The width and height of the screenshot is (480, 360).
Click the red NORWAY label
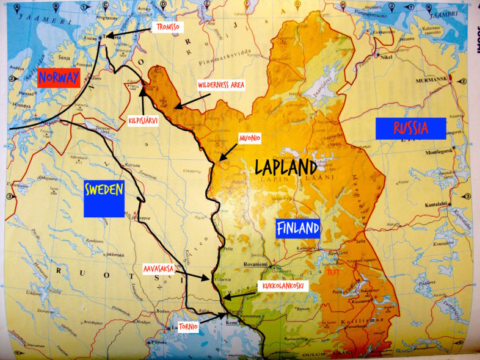(59, 77)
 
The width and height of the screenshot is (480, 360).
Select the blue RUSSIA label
(410, 128)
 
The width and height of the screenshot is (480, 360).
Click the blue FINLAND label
(298, 229)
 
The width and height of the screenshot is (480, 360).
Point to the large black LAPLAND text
(285, 167)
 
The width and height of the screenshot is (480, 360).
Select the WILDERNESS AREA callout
(221, 85)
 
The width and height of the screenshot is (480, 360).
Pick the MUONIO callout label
(250, 139)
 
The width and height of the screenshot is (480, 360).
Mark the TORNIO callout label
(187, 326)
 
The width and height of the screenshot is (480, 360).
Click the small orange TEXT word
(335, 272)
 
